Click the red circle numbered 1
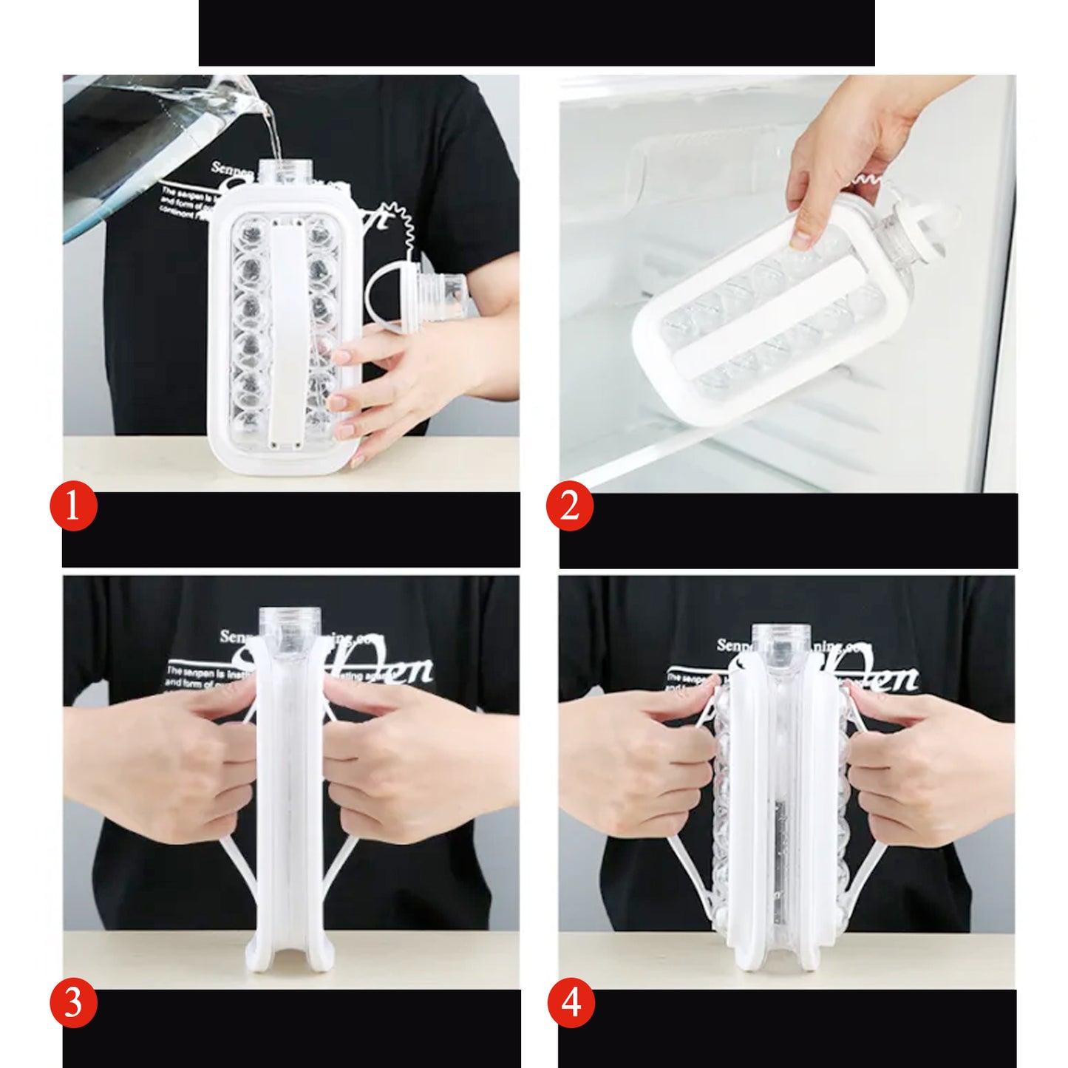[x=73, y=507]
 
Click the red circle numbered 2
[x=569, y=507]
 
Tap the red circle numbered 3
[x=73, y=1004]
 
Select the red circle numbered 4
[x=571, y=1004]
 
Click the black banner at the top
[x=537, y=33]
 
